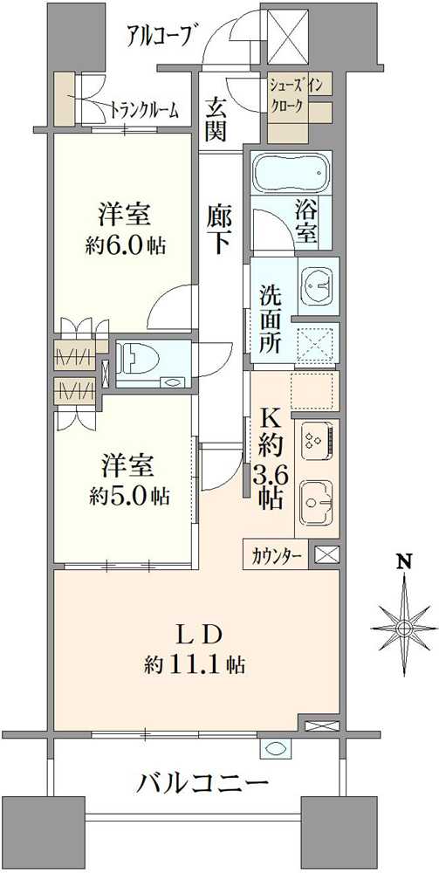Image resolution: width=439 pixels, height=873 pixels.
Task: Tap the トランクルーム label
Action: pos(144,110)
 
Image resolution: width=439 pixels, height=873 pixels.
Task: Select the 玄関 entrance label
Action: pos(216,120)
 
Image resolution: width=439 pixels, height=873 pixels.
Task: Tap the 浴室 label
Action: pos(305,223)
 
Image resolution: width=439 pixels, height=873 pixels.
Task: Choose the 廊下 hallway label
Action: pos(219,227)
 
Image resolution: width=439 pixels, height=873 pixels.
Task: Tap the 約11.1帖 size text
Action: pos(194,664)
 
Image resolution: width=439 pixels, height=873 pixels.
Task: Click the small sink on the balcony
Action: pos(275,749)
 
